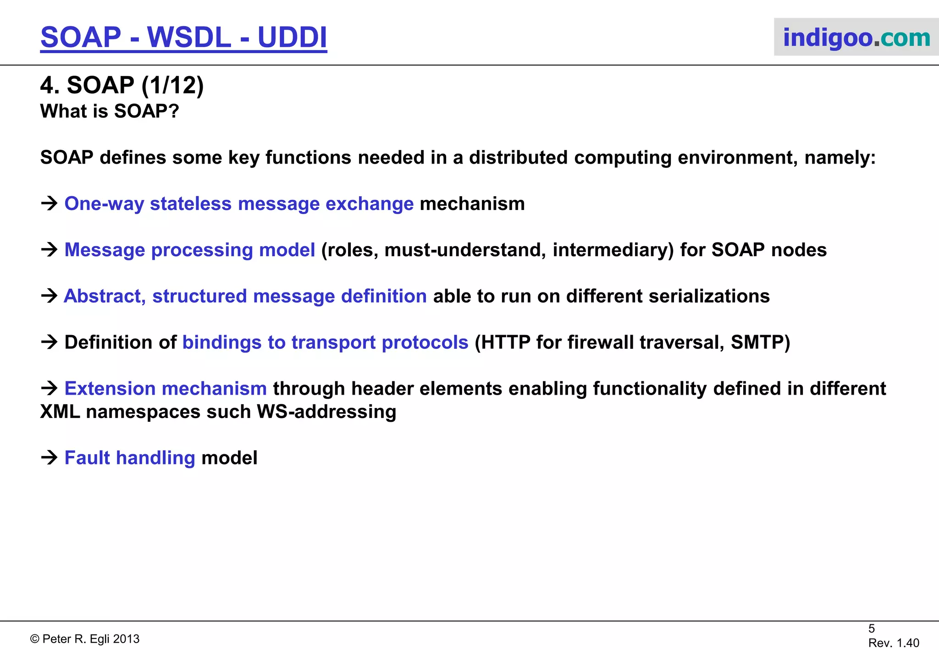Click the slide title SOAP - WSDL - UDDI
pos(183,37)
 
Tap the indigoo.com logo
pos(856,38)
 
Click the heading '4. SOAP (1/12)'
pos(122,85)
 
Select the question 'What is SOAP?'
pos(110,111)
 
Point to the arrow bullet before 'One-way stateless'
pos(49,203)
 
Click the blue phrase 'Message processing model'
pos(189,250)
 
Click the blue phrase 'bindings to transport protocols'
pos(325,342)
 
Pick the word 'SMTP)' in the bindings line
pos(760,342)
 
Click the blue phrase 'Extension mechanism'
pos(166,389)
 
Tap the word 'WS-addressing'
pos(326,412)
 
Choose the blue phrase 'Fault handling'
pos(130,458)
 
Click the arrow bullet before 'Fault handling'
pos(49,457)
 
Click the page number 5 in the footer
pos(872,628)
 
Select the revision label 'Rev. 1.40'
pos(894,643)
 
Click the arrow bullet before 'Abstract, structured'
pos(49,296)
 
